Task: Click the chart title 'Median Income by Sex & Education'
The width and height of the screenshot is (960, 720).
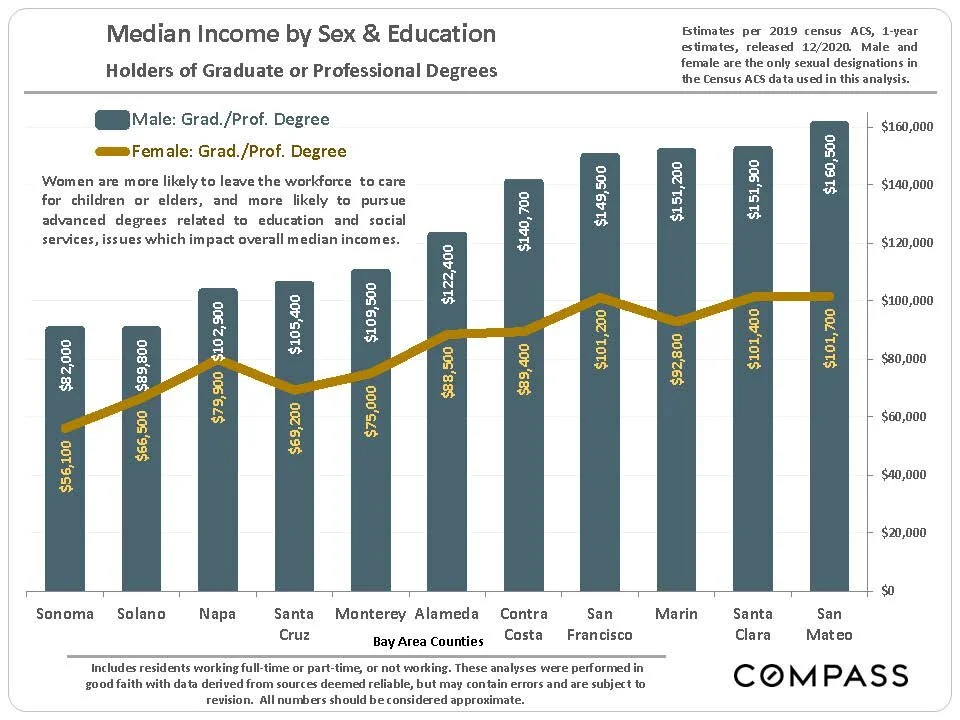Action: coord(301,34)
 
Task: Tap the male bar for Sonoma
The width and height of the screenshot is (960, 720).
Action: coord(65,520)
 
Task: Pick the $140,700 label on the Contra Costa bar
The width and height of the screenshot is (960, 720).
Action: coord(524,221)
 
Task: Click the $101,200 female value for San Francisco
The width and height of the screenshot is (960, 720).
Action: coord(600,340)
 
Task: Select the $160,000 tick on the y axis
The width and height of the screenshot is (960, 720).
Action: coord(907,127)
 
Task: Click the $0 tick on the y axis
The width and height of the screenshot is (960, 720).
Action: coord(893,590)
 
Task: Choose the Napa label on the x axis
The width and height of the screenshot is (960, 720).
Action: coord(217,614)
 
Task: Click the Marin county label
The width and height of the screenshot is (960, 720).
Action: coord(676,614)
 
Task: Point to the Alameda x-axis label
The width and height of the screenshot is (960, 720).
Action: coord(447,614)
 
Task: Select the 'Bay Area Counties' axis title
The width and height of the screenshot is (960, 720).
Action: coord(428,641)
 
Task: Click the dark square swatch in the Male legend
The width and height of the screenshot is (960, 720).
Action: coord(113,120)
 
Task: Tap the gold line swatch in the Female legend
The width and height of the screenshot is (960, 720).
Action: coord(113,152)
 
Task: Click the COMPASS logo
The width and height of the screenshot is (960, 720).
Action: coord(821,675)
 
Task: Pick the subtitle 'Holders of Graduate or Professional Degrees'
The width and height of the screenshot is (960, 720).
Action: coord(302,71)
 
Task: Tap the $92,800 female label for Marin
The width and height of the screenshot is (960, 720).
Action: coord(677,356)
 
